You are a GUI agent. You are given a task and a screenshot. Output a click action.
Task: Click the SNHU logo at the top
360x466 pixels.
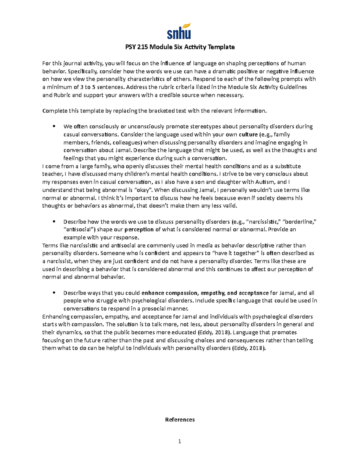pyautogui.click(x=179, y=31)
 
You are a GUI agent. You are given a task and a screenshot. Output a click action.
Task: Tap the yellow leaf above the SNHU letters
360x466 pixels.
pyautogui.click(x=187, y=26)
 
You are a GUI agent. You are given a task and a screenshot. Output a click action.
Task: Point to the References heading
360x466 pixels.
pyautogui.click(x=180, y=419)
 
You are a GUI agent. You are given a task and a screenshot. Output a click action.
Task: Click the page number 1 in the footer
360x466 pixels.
pyautogui.click(x=180, y=441)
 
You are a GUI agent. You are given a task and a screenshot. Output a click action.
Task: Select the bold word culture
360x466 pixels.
pyautogui.click(x=248, y=134)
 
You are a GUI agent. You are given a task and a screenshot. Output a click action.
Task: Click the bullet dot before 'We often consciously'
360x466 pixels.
pyautogui.click(x=54, y=126)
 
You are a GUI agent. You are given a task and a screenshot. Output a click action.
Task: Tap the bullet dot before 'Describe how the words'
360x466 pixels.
pyautogui.click(x=54, y=222)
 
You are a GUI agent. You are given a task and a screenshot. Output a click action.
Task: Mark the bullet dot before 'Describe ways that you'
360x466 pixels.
pyautogui.click(x=54, y=293)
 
